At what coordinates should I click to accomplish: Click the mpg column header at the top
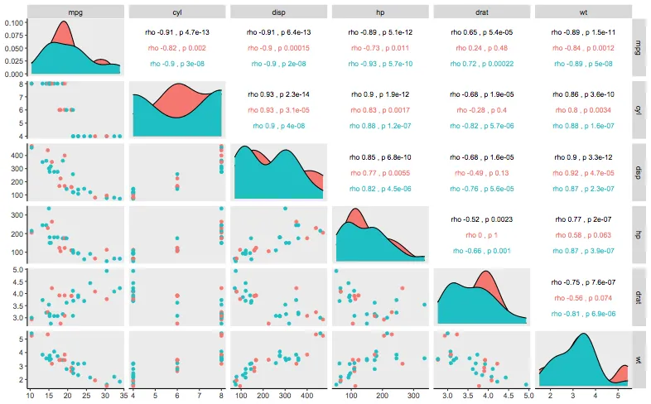(x=76, y=12)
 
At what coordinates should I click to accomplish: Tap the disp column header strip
(x=278, y=12)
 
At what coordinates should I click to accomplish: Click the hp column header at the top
(x=380, y=12)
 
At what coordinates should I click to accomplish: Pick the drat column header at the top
(x=481, y=12)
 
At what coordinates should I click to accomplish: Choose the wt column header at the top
(x=582, y=12)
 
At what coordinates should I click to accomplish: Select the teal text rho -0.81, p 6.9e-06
(x=582, y=315)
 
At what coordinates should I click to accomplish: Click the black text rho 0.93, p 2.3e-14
(x=278, y=94)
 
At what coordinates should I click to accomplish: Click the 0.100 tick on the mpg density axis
(x=14, y=22)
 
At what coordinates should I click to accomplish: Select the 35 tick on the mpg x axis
(x=122, y=394)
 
